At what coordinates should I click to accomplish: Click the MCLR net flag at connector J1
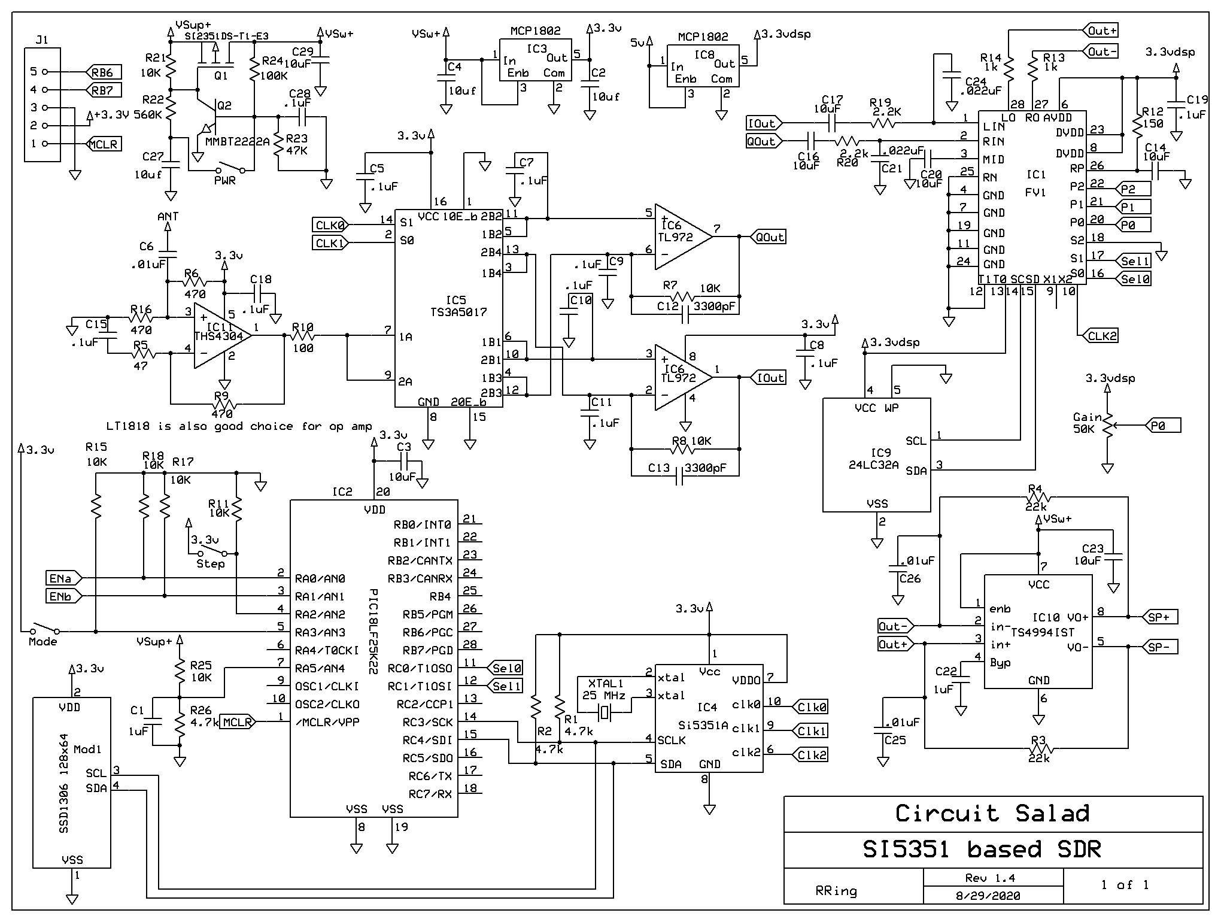click(104, 144)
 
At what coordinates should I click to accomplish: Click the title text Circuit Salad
click(992, 814)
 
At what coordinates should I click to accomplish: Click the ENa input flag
click(63, 578)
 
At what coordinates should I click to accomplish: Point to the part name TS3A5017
click(458, 313)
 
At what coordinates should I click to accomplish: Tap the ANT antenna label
click(168, 217)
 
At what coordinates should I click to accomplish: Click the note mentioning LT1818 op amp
click(239, 426)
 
